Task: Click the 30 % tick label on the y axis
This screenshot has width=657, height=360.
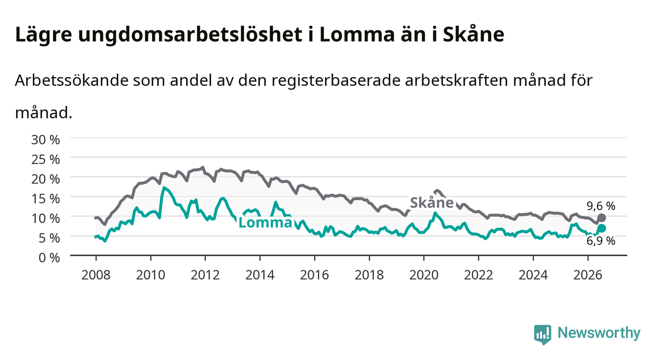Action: [x=46, y=140]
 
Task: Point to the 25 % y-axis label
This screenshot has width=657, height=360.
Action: [x=46, y=159]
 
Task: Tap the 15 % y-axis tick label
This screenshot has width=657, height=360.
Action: [x=46, y=199]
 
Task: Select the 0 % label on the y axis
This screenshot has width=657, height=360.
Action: [x=49, y=257]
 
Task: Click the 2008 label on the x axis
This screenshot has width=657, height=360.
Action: [x=96, y=275]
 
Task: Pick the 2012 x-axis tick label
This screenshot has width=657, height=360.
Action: [x=205, y=275]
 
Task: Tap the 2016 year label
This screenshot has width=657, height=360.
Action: [x=314, y=275]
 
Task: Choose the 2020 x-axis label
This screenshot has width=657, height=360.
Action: [x=424, y=275]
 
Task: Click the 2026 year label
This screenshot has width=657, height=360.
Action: [x=588, y=275]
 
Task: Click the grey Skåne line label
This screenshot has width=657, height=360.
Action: [x=432, y=203]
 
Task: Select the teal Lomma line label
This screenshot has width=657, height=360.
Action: [x=265, y=222]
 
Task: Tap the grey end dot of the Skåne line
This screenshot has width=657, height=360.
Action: [x=602, y=218]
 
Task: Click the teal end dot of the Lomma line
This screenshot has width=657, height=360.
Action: [x=602, y=228]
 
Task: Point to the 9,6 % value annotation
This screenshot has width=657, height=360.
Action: [x=601, y=206]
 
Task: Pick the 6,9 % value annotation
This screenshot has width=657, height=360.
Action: [x=601, y=241]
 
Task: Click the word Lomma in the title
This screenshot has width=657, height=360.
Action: [x=357, y=34]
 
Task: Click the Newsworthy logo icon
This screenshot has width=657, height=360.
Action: [x=543, y=334]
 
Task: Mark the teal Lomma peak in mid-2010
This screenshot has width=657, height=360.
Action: [x=164, y=187]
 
